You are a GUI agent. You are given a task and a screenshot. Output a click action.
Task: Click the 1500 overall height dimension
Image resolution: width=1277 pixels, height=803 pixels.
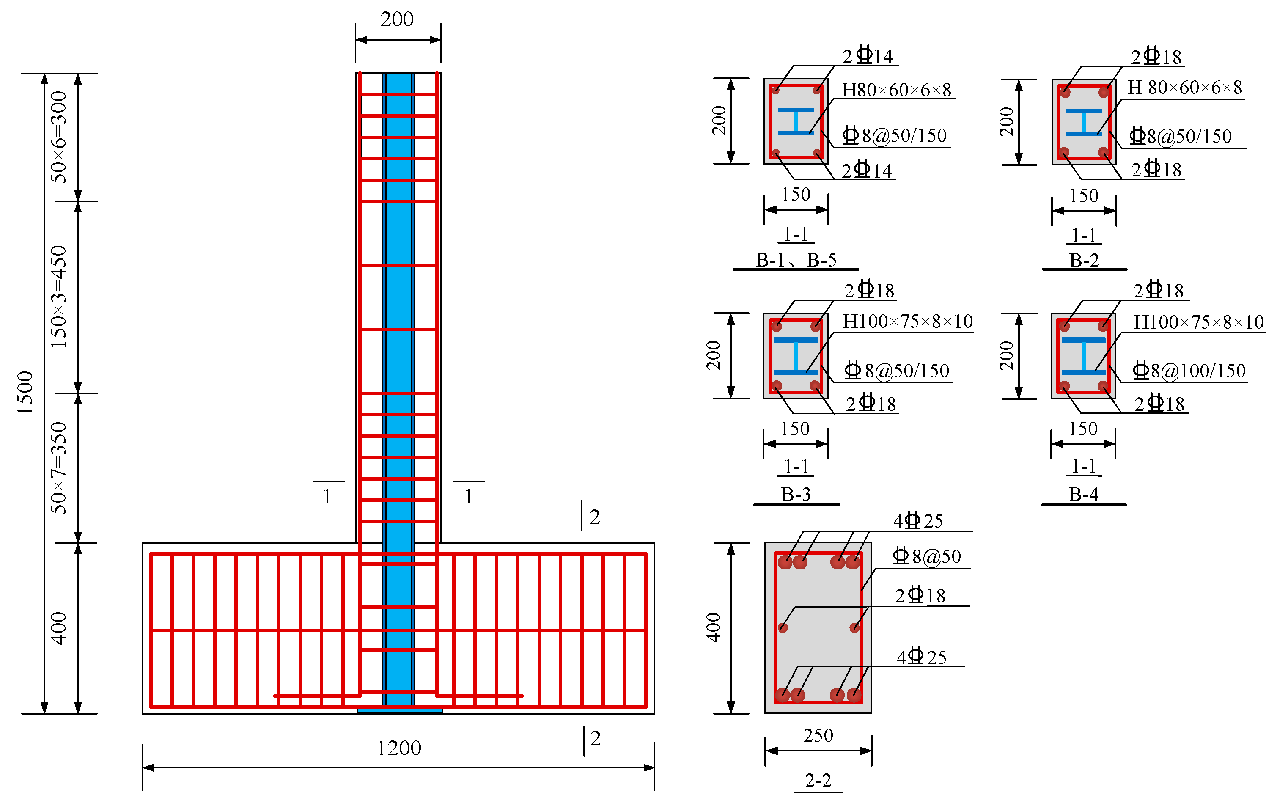tap(25, 393)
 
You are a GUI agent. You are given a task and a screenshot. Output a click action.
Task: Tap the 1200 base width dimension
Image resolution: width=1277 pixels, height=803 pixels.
tap(399, 748)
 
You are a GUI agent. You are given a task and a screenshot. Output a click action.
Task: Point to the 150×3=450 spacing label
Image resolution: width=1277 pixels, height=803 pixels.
tap(58, 297)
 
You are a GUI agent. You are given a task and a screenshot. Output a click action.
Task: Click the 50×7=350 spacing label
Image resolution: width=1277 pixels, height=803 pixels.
tap(58, 468)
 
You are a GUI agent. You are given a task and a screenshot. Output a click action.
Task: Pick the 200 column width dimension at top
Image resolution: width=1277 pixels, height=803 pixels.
tap(397, 19)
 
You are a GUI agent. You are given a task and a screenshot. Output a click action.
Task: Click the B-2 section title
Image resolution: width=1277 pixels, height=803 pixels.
tap(1084, 261)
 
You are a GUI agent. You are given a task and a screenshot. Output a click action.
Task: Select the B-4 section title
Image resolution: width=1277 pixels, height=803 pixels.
tap(1083, 494)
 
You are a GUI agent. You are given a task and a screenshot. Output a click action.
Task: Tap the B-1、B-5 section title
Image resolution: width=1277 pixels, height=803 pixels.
tap(796, 260)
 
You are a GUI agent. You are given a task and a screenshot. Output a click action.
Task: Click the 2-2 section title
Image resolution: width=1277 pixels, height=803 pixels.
tap(818, 781)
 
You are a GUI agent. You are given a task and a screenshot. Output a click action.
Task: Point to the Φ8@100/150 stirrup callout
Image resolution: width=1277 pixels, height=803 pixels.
tap(1189, 371)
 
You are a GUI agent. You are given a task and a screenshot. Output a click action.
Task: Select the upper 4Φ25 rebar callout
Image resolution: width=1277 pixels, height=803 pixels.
tap(918, 521)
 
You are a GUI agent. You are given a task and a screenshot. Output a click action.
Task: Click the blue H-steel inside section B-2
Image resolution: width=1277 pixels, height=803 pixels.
tap(1084, 122)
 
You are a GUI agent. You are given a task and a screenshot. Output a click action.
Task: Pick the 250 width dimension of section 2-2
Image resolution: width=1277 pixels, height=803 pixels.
tap(818, 736)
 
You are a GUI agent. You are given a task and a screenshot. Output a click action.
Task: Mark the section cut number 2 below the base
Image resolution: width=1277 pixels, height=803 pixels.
tap(595, 738)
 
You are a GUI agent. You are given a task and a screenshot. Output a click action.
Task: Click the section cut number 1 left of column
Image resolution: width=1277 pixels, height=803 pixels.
tap(327, 496)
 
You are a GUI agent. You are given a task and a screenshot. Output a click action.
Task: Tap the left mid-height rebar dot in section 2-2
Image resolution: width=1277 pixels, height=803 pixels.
tap(783, 628)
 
